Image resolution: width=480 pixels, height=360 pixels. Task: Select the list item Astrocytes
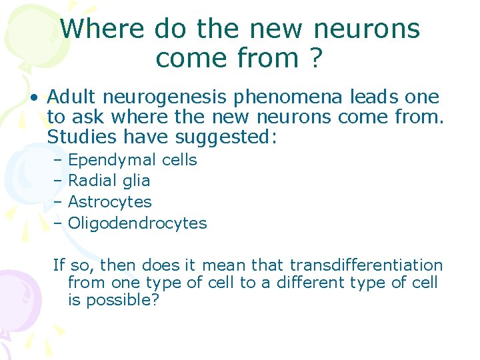pos(110,202)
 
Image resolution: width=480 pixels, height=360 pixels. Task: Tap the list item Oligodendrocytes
pos(137,223)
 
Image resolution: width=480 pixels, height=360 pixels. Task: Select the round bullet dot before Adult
pos(32,98)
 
